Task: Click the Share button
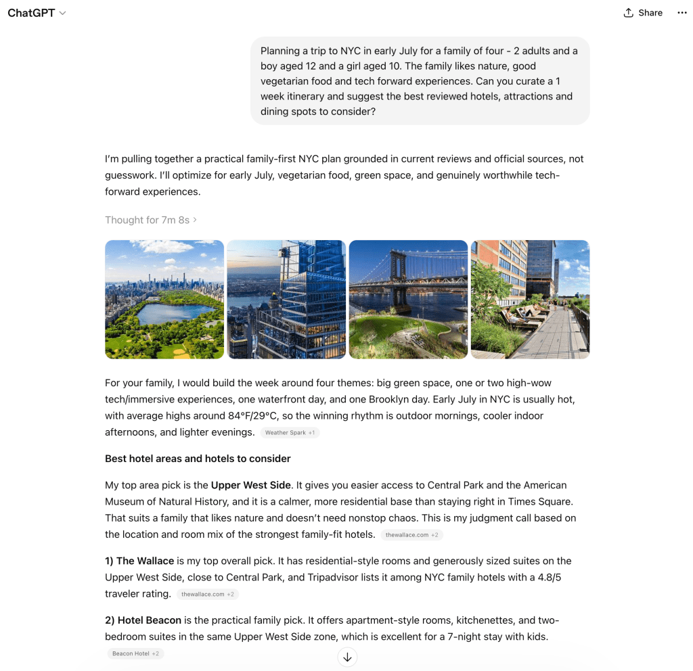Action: point(643,13)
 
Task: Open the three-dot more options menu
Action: point(681,13)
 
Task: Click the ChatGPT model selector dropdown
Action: point(37,13)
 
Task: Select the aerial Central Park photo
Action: point(164,299)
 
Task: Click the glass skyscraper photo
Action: point(286,299)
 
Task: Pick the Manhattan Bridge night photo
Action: point(408,299)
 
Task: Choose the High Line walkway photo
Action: point(530,299)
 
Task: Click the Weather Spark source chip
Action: point(290,433)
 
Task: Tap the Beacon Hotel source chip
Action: point(135,654)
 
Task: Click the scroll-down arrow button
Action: point(347,657)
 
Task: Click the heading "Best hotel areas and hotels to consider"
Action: point(198,459)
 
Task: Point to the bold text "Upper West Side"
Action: point(250,485)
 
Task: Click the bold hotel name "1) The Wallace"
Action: point(139,561)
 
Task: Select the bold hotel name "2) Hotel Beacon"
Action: point(143,620)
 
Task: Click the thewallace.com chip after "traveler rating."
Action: point(208,595)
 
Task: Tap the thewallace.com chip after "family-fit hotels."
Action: point(411,535)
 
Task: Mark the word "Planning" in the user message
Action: point(281,51)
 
